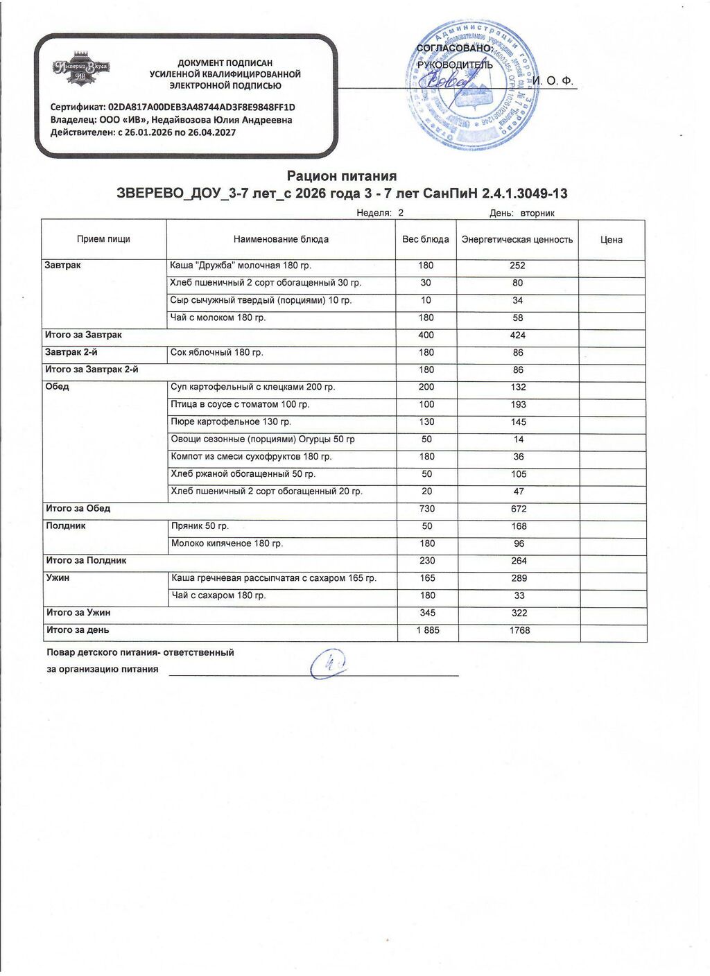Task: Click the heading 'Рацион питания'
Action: [x=341, y=176]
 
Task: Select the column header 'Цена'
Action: [x=611, y=240]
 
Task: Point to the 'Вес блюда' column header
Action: [x=426, y=240]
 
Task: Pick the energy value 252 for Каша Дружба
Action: [x=517, y=265]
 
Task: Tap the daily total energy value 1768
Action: [x=519, y=631]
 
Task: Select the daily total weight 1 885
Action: [x=428, y=631]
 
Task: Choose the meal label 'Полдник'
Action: [x=66, y=526]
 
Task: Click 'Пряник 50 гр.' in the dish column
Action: [x=200, y=526]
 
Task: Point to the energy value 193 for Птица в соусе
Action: [x=518, y=405]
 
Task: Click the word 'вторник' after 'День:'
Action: [x=537, y=214]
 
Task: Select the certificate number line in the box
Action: [x=173, y=107]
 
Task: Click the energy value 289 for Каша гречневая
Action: [x=519, y=578]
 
